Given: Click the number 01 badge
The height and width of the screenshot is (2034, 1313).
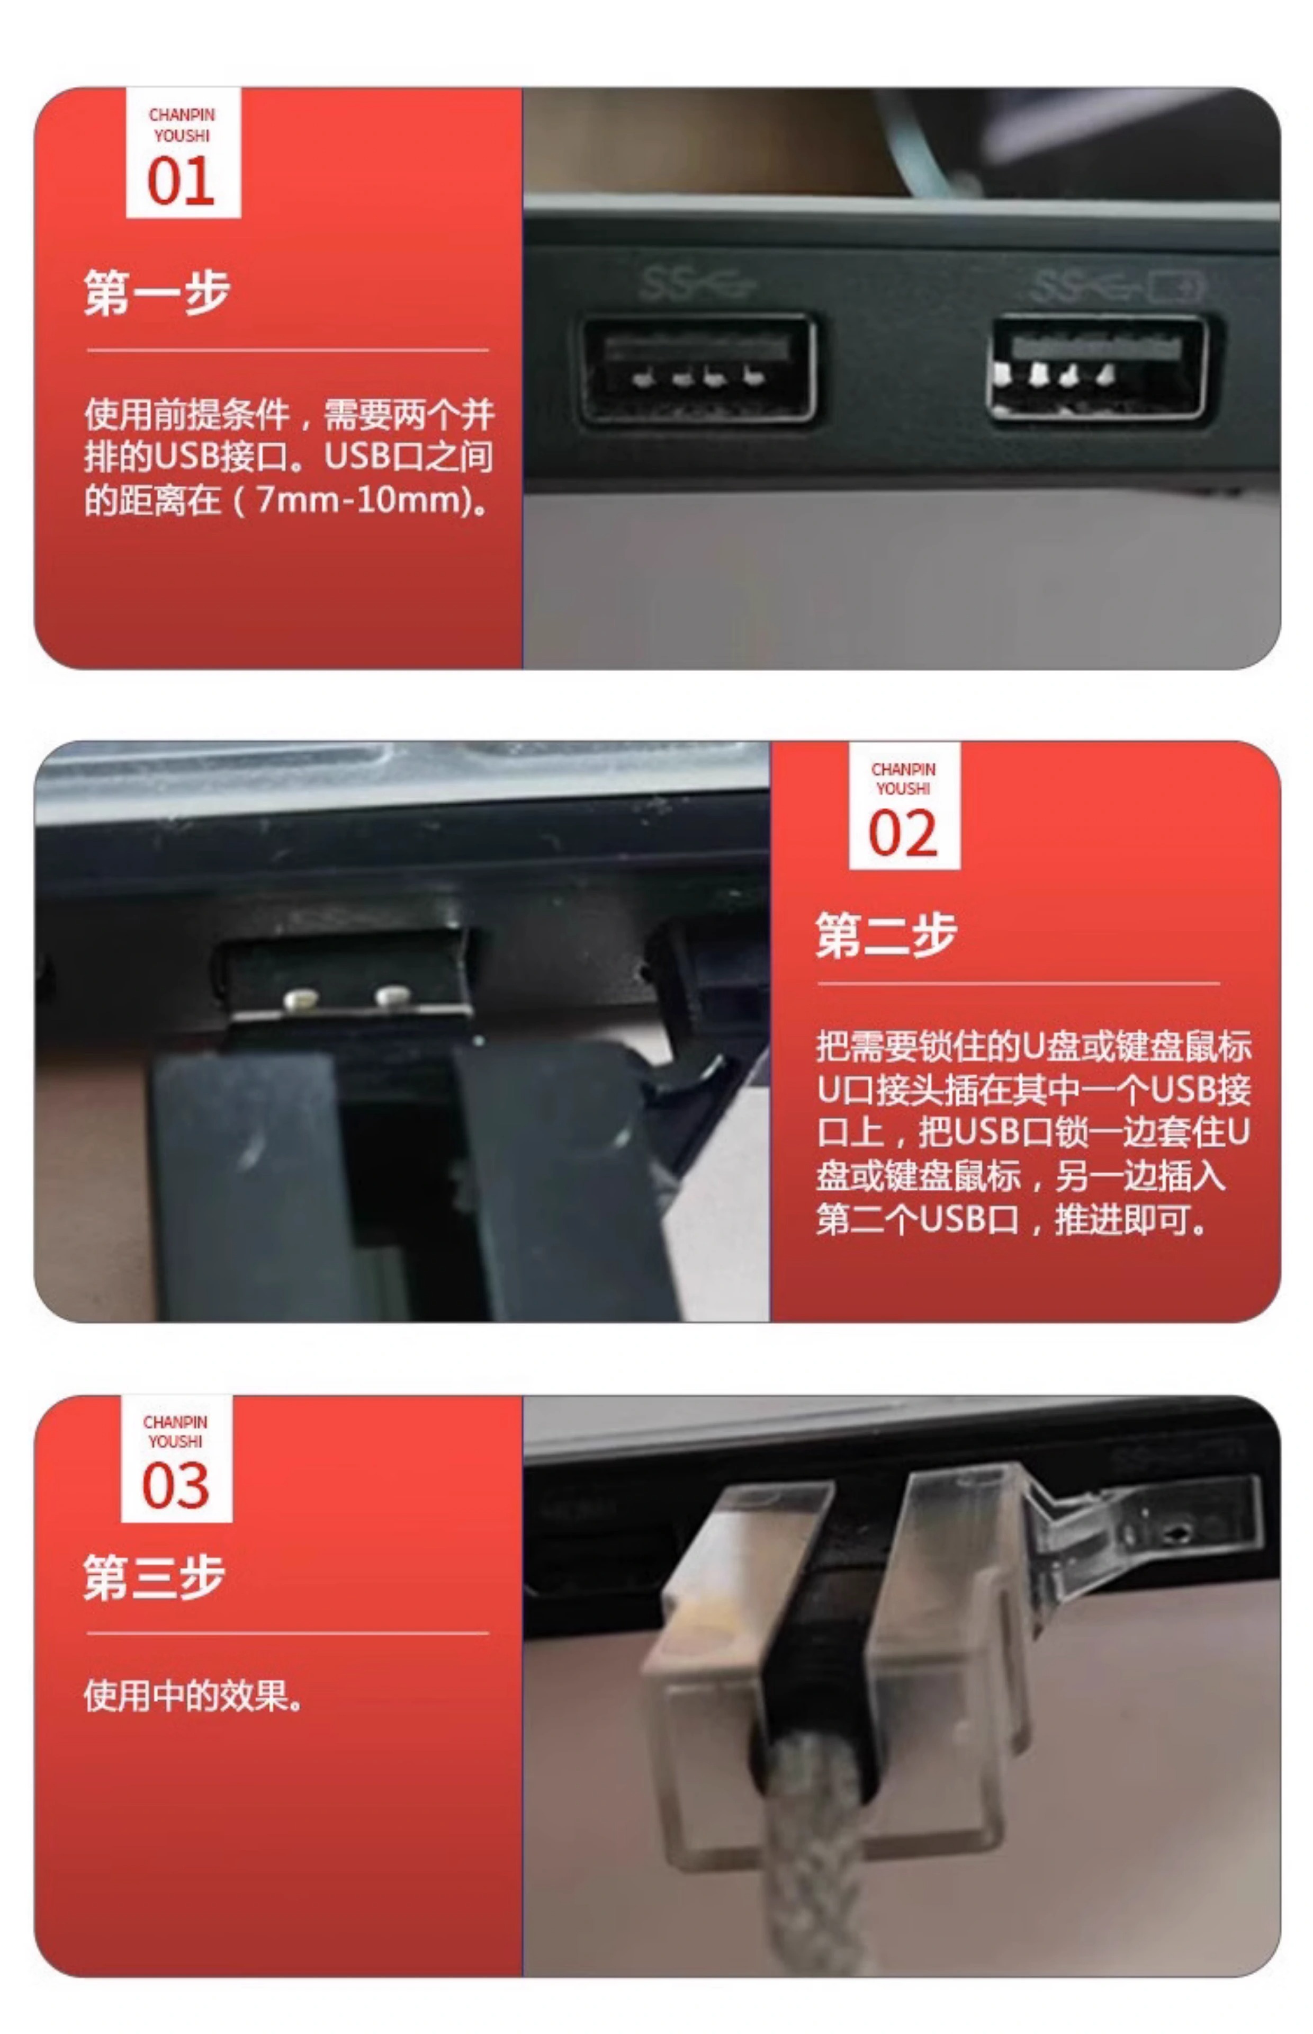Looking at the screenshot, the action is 183,153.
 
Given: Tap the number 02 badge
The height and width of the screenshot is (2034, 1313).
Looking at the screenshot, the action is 904,805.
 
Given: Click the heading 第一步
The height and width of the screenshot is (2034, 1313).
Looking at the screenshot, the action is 157,292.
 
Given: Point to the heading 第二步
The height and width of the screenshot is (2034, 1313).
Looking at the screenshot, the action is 886,935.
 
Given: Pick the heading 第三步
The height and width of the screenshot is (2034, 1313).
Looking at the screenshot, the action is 154,1577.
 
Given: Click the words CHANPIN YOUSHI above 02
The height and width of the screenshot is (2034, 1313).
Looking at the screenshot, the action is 904,779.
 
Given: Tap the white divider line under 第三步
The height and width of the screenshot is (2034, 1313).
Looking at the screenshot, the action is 287,1634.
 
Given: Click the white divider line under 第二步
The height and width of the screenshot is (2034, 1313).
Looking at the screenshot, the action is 1019,983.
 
